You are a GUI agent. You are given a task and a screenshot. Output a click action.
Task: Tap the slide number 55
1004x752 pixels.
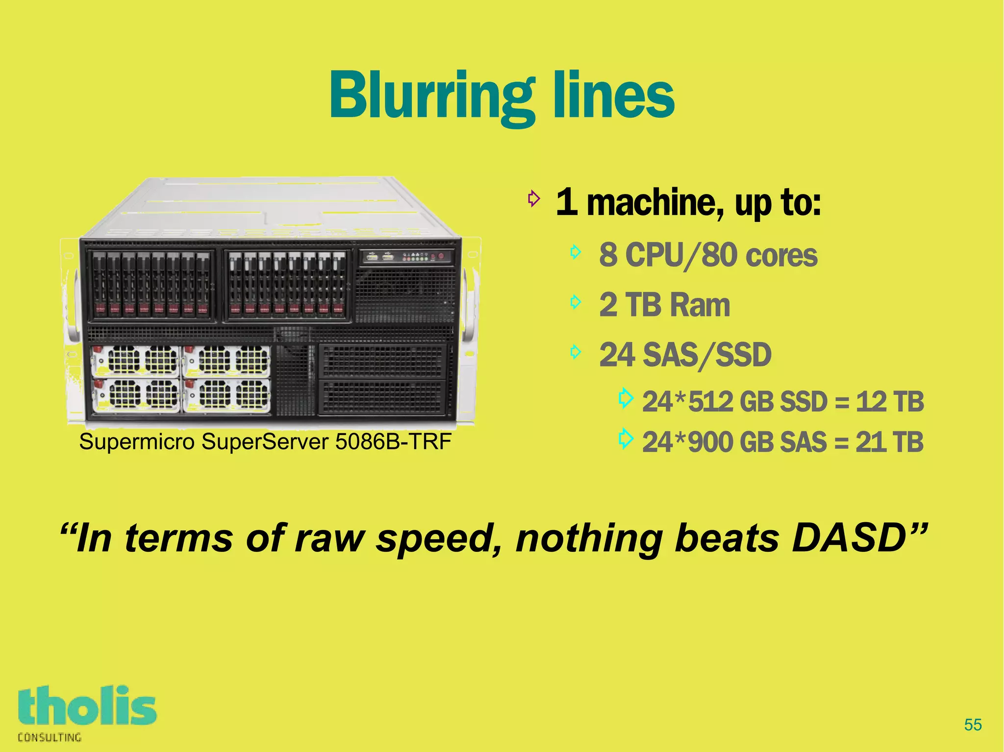pos(973,725)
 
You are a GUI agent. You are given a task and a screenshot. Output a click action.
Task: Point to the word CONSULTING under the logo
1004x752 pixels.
pos(50,737)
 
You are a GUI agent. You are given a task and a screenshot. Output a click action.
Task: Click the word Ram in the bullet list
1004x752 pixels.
pos(700,305)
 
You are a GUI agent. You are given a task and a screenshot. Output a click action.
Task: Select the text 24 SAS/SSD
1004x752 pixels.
pos(685,355)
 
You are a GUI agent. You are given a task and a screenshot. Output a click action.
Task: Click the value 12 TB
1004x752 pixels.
pos(890,401)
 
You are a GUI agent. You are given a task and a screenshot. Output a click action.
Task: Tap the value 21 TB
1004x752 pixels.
pos(889,442)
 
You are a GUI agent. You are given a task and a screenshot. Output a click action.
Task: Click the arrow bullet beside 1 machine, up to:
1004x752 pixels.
pos(533,199)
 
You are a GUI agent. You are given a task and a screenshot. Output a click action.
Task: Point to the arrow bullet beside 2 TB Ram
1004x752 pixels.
pos(576,302)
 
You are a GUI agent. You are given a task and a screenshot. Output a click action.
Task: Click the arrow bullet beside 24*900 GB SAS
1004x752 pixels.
pos(626,438)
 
